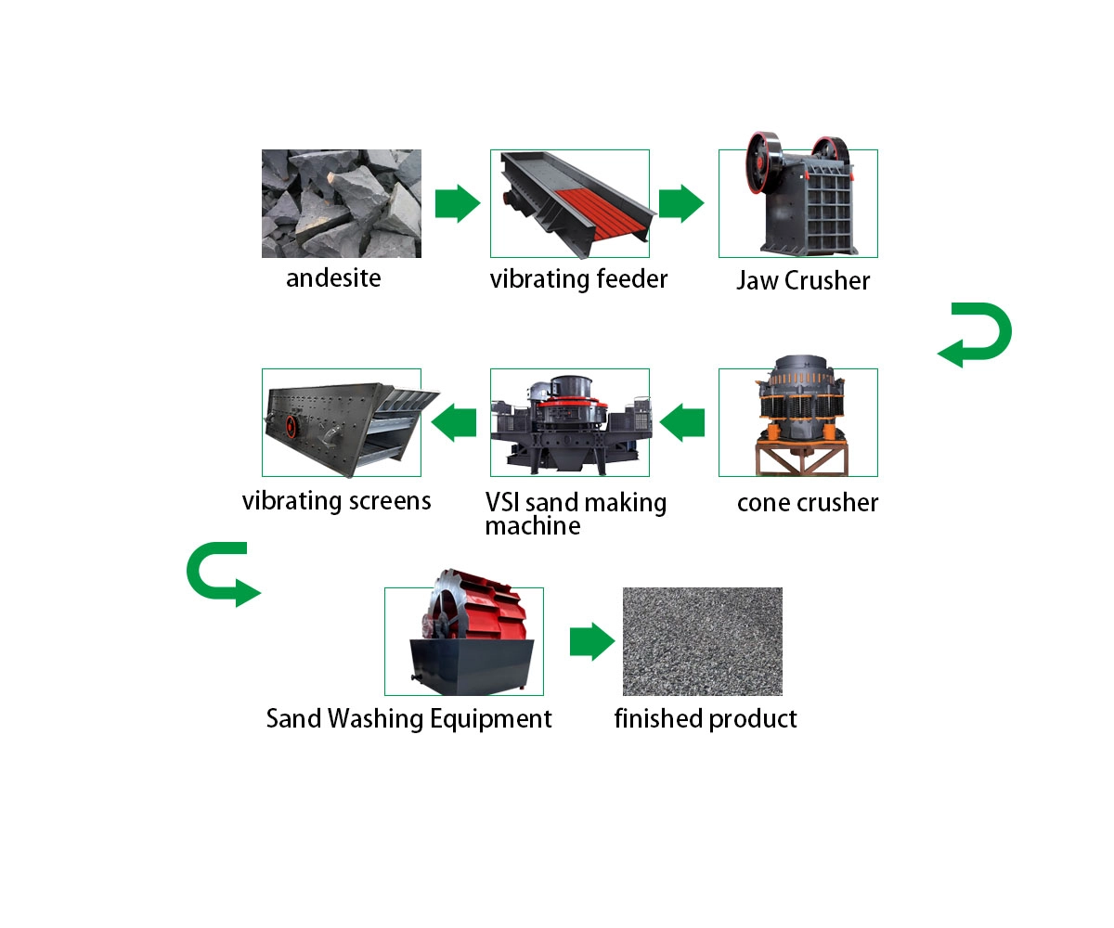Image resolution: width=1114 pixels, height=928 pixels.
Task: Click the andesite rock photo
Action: (341, 203)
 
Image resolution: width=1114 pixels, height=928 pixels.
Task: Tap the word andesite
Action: (333, 278)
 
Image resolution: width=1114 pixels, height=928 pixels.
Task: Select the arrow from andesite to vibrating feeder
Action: (458, 203)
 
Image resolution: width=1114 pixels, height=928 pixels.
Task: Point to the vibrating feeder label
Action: (578, 279)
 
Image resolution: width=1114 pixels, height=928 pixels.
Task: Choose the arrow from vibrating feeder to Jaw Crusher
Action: (681, 203)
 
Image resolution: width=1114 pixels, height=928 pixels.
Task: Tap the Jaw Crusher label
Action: (803, 280)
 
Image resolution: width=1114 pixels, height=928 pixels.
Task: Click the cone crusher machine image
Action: (800, 416)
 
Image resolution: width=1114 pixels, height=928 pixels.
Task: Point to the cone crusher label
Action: (808, 503)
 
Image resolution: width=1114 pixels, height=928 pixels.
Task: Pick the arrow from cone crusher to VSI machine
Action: (681, 422)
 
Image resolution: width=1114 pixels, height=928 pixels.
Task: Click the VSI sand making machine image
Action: (571, 425)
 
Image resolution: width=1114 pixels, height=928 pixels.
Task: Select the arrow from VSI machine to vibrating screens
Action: (454, 422)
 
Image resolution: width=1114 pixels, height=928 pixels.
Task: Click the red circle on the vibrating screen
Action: (291, 426)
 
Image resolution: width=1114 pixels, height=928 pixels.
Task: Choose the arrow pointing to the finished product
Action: (592, 641)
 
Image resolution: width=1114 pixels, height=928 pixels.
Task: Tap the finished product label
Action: (706, 719)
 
